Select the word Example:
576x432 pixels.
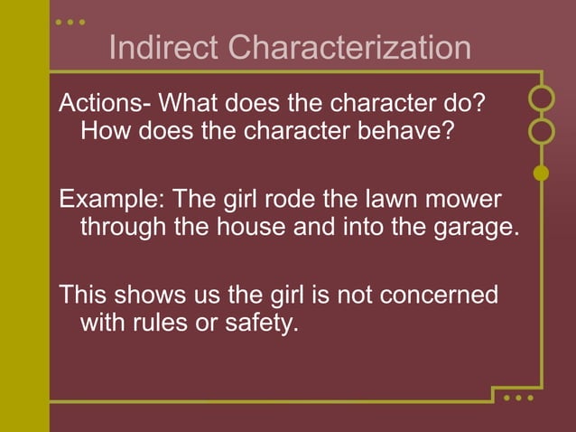coord(111,198)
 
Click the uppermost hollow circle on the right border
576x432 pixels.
coord(542,97)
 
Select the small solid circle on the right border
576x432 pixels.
coord(542,173)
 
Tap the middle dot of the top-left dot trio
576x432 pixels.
coord(70,21)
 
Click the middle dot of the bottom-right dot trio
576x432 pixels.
coord(519,398)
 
